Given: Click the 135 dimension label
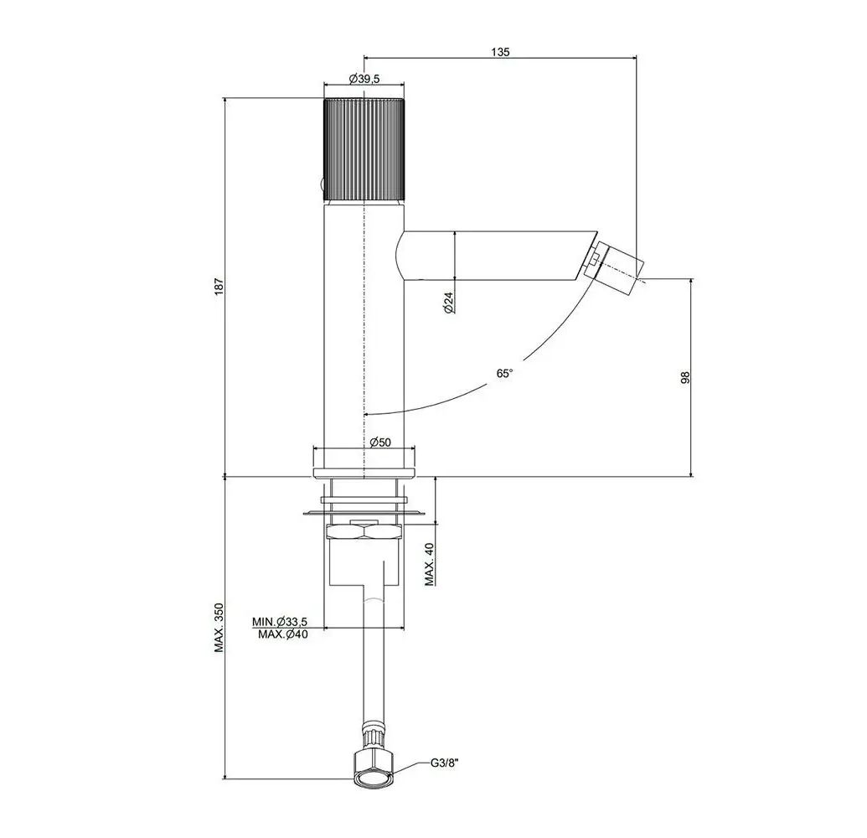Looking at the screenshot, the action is [x=500, y=52].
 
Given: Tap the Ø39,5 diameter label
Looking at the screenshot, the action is [x=364, y=79].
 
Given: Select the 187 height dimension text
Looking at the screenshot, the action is [x=219, y=286].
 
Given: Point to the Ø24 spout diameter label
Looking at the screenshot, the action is [x=450, y=303].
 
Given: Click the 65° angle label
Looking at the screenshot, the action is [x=504, y=374].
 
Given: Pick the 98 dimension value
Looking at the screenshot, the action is [x=685, y=378].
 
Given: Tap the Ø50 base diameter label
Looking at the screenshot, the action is [x=380, y=442].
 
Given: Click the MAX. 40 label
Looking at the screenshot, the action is [x=430, y=564].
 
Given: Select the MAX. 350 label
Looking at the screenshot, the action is [x=219, y=628].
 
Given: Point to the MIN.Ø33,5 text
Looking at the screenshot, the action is [x=280, y=621].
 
